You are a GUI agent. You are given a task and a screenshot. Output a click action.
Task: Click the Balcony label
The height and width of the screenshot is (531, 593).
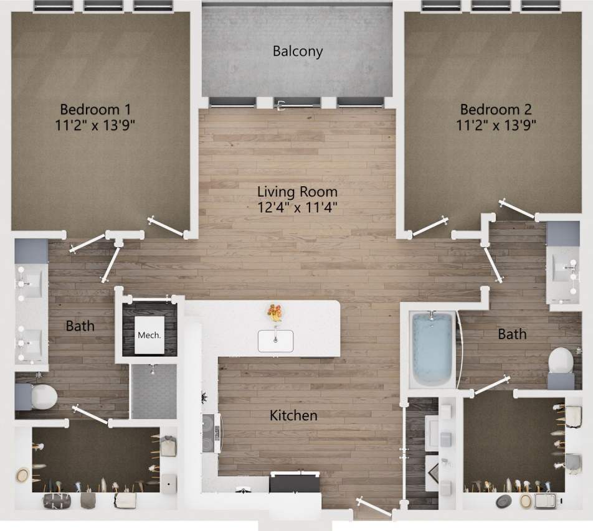point(298,51)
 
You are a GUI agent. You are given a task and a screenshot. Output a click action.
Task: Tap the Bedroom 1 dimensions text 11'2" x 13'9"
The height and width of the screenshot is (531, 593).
point(95,124)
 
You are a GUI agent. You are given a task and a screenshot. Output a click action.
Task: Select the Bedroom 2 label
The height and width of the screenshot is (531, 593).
point(496,110)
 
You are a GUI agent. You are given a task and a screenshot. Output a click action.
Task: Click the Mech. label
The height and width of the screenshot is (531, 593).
point(149,335)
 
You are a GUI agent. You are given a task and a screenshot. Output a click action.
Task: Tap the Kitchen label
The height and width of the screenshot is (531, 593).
point(293,415)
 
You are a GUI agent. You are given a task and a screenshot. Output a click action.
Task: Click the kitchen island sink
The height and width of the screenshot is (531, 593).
point(275,341)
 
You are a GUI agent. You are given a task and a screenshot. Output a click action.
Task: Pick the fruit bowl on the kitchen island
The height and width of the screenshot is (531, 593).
point(275,311)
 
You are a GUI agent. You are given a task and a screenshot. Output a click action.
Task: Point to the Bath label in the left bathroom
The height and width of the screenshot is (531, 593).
point(80,326)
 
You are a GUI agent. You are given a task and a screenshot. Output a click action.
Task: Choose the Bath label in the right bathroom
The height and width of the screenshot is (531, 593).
point(512,334)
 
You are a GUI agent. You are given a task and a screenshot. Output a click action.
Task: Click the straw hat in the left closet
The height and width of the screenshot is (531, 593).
point(23,475)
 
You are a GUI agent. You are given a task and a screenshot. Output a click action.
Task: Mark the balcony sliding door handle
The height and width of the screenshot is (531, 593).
point(282,105)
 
